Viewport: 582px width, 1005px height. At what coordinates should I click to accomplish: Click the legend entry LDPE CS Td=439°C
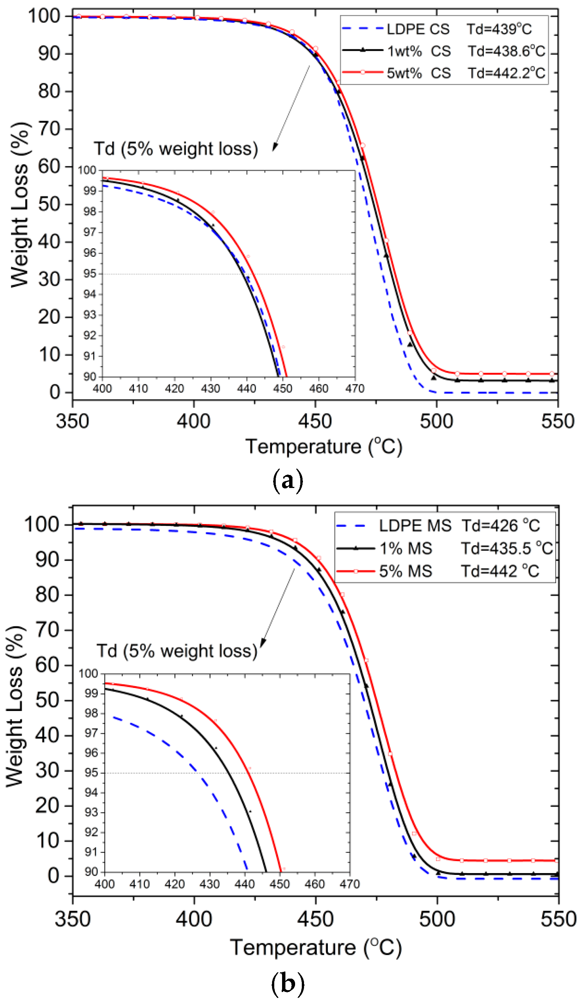437,29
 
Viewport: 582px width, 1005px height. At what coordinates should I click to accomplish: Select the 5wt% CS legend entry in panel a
443,73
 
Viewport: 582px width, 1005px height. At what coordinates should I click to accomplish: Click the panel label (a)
287,481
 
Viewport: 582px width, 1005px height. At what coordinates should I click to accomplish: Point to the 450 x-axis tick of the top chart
315,421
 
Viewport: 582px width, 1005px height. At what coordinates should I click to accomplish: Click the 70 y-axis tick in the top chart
49,129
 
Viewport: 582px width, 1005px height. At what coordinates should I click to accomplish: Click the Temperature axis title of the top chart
323,446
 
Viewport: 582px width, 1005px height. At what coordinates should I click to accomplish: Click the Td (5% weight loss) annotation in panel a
176,149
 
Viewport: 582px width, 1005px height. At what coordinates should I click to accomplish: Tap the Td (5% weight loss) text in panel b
177,651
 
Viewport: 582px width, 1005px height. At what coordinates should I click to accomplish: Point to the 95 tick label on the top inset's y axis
90,274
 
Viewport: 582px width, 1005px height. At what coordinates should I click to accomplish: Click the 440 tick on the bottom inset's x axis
244,884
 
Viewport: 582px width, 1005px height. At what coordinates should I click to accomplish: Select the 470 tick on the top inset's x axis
355,388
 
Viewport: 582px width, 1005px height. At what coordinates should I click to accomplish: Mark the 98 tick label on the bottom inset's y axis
92,713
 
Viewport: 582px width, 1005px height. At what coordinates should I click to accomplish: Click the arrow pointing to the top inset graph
291,108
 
